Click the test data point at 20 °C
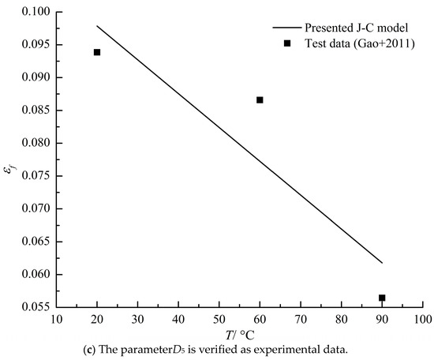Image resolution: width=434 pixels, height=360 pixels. pos(97,52)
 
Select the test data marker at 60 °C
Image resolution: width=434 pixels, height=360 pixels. pos(260,99)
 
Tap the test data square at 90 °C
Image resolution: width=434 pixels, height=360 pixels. pos(382,298)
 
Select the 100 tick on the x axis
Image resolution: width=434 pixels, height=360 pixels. pos(422,320)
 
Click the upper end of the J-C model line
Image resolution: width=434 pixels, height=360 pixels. pos(97,26)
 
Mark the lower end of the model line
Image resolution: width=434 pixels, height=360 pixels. pos(382,263)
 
